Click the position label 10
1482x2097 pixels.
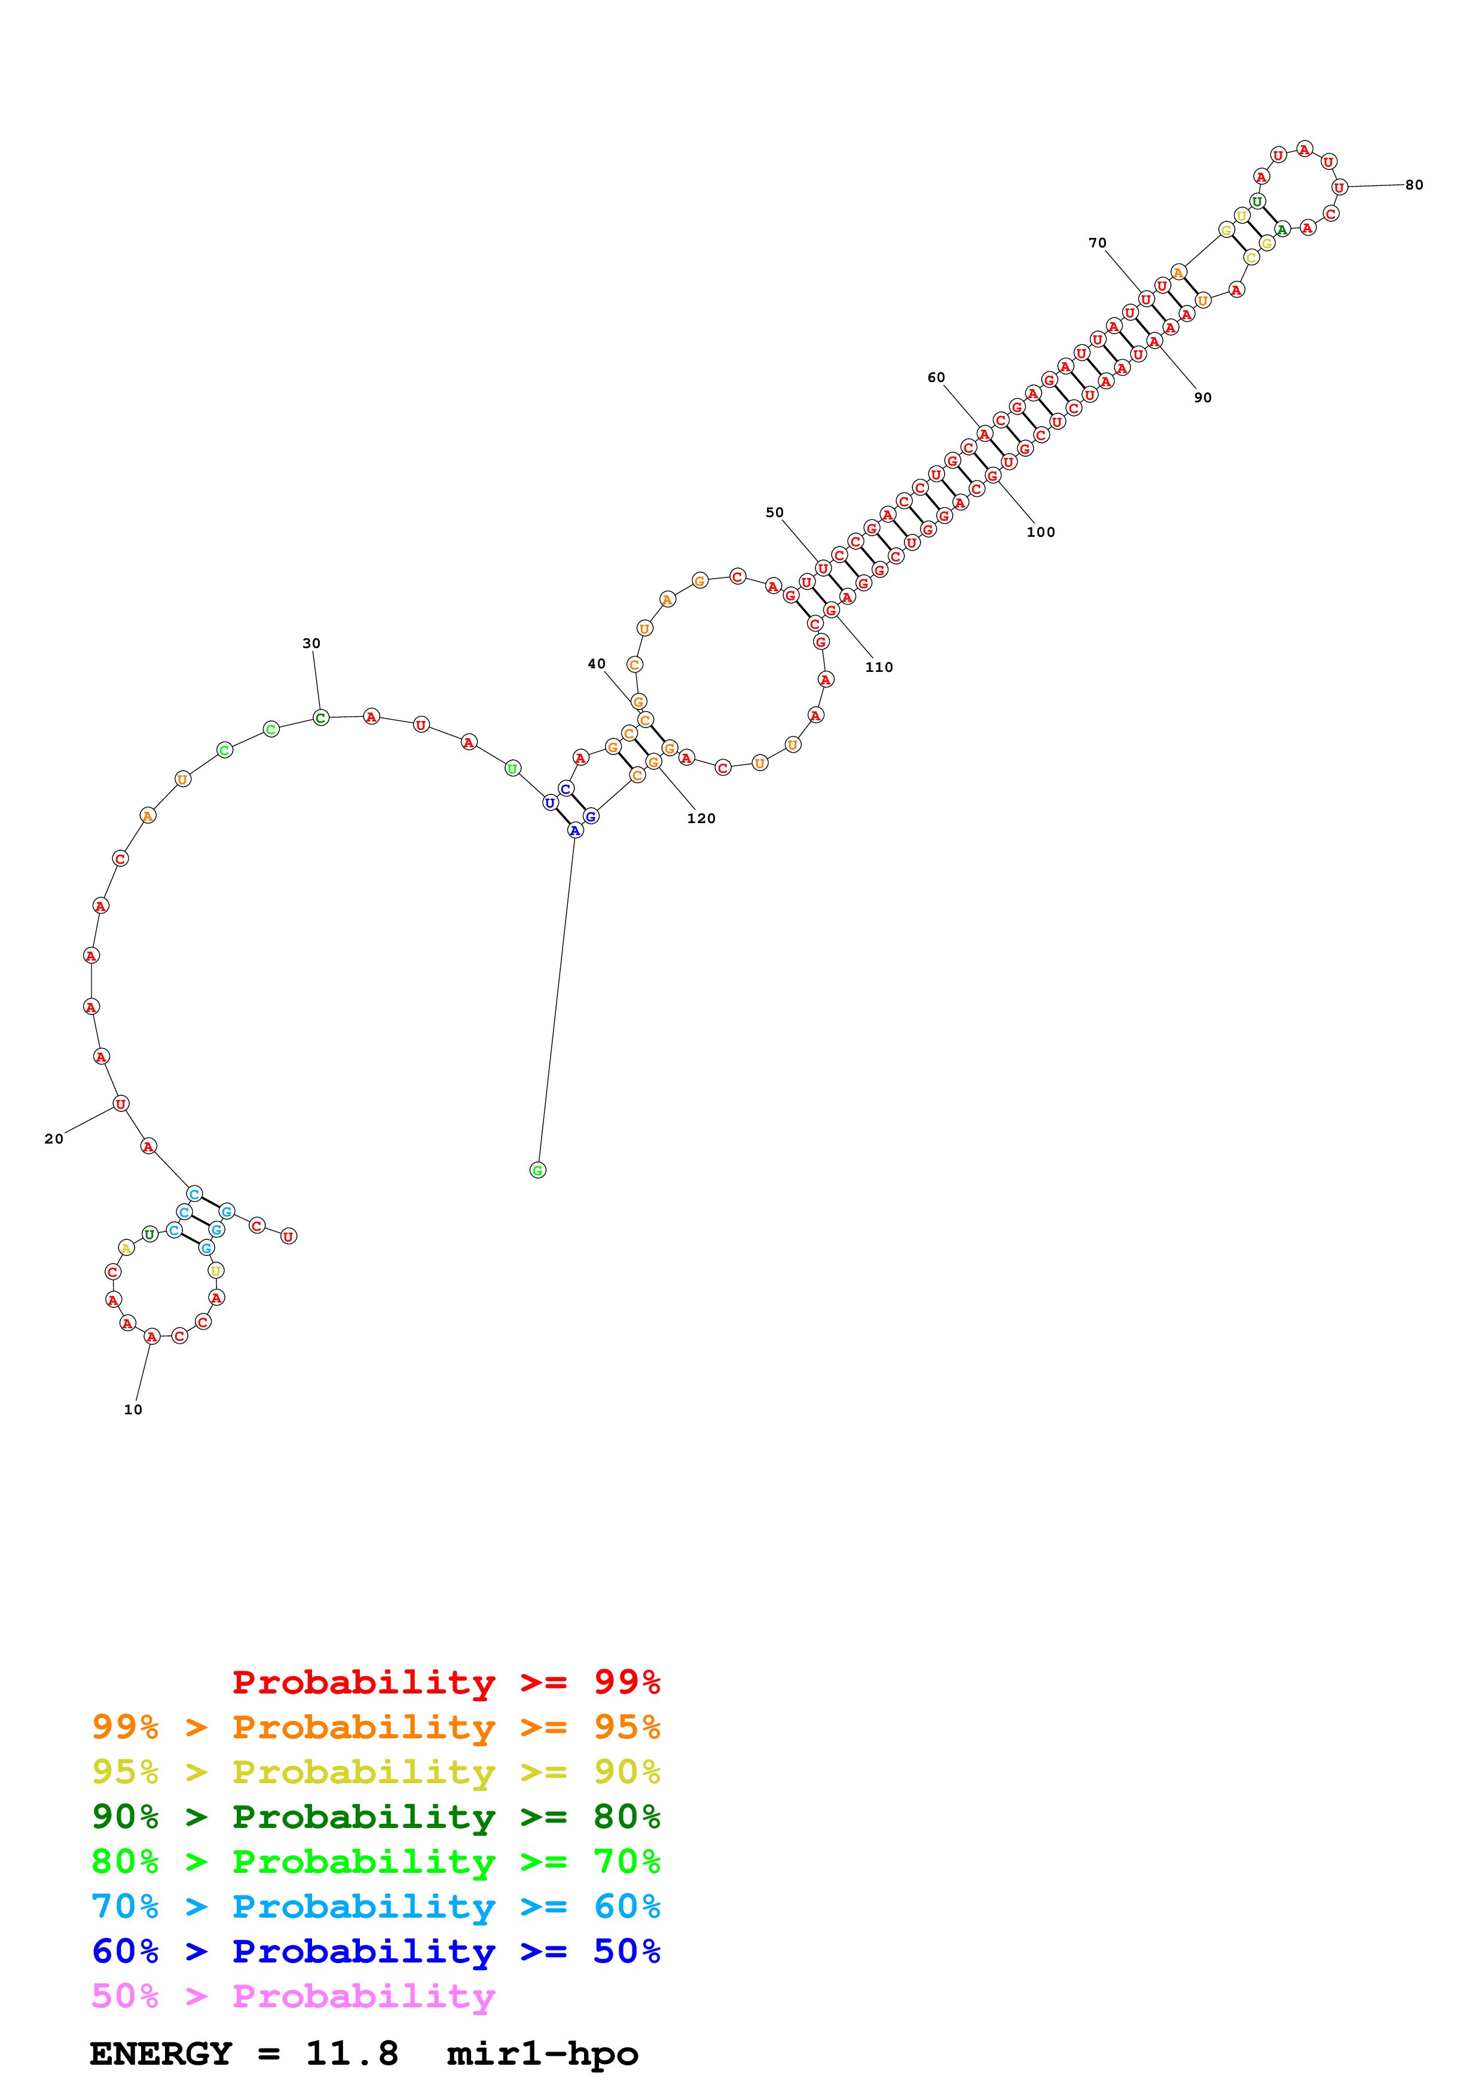133,1410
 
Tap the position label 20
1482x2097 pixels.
54,1139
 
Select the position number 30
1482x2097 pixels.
311,643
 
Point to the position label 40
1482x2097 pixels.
596,664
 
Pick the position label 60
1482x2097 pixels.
936,377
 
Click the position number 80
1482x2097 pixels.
1413,185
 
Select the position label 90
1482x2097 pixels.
1203,398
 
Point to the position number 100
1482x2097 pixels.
1040,533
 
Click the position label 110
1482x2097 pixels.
878,668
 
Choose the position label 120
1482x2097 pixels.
701,818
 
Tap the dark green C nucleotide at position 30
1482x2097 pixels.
320,718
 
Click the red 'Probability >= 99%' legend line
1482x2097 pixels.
445,1682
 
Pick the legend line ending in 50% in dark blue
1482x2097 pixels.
375,1951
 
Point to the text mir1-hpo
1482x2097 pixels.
542,2053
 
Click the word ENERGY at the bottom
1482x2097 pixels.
161,2053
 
